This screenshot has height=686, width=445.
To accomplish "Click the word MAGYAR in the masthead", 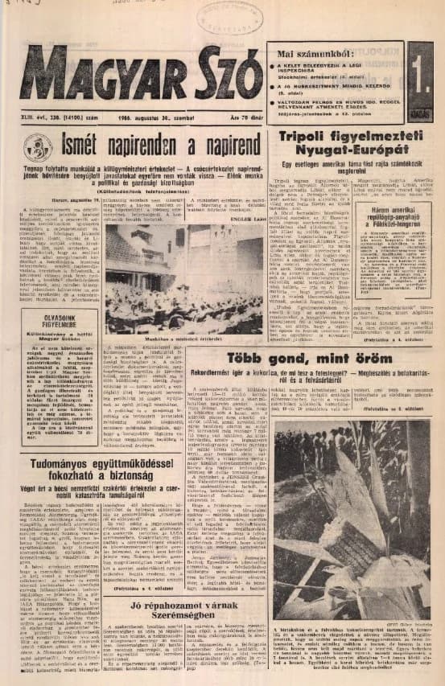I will [97, 76].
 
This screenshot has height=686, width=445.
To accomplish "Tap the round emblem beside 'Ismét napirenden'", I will [37, 146].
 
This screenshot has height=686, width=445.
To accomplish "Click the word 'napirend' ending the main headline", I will [220, 146].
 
